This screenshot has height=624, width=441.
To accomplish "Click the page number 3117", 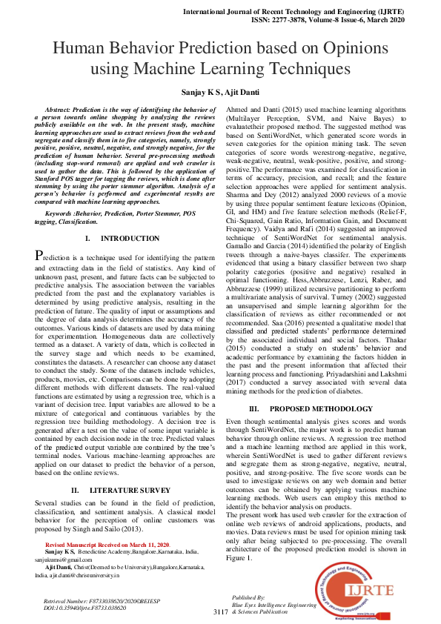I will click(220, 612).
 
